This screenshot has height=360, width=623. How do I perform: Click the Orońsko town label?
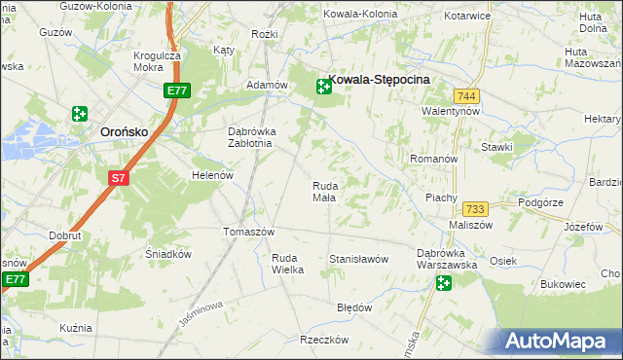pyautogui.click(x=124, y=133)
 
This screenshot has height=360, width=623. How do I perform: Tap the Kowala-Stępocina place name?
pyautogui.click(x=381, y=84)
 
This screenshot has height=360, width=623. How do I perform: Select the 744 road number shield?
pyautogui.click(x=465, y=95)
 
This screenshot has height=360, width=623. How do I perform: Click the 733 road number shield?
pyautogui.click(x=475, y=209)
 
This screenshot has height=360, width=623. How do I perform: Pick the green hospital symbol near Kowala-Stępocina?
pyautogui.click(x=322, y=88)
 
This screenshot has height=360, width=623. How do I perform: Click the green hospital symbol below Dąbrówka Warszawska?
pyautogui.click(x=444, y=283)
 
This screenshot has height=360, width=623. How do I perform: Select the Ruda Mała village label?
pyautogui.click(x=325, y=192)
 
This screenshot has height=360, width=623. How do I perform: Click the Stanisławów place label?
pyautogui.click(x=359, y=259)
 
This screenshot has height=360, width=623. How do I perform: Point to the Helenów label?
pyautogui.click(x=213, y=176)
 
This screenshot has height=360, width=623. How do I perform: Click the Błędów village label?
pyautogui.click(x=354, y=307)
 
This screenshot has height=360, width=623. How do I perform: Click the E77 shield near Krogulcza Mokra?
pyautogui.click(x=176, y=90)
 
